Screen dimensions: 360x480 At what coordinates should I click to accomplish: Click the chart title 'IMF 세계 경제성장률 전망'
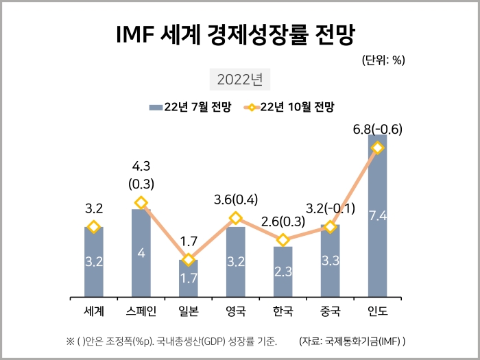pos(239,35)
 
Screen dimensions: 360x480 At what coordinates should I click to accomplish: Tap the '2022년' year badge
pos(239,79)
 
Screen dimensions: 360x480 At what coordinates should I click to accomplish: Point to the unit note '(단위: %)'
pos(383,60)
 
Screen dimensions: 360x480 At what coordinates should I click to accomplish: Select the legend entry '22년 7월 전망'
pos(190,107)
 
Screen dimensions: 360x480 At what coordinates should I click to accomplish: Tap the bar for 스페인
pos(141,254)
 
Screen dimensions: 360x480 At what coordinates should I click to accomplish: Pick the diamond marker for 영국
pos(236,218)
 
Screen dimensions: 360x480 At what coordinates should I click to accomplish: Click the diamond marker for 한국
pos(283,240)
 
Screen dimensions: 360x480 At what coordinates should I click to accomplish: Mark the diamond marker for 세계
pos(94,227)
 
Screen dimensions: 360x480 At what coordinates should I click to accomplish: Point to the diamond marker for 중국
pos(330,226)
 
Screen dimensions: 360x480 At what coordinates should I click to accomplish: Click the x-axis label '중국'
pos(330,311)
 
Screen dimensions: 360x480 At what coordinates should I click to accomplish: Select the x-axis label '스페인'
pos(141,311)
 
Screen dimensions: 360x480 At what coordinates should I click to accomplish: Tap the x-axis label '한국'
pos(283,311)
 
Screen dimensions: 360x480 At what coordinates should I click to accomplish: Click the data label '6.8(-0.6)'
pos(377,129)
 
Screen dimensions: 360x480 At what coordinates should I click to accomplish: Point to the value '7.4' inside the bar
pos(377,216)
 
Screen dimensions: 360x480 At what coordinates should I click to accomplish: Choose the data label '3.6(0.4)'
pos(236,200)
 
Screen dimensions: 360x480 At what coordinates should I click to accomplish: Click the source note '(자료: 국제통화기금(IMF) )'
pos(352,340)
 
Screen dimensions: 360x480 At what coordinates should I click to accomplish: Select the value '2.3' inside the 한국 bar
pos(283,272)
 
